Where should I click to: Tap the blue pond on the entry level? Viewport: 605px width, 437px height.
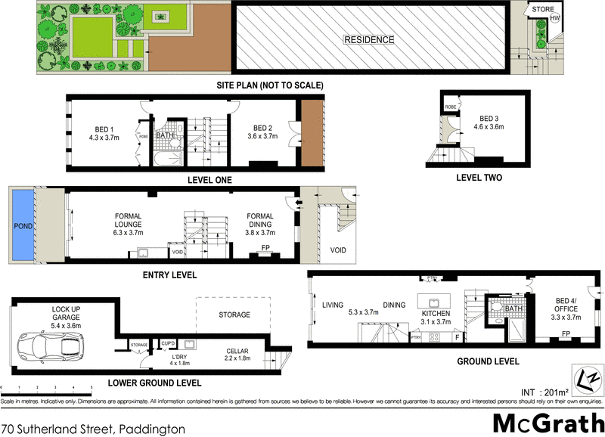point(23,226)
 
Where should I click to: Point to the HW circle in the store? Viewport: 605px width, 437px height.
point(555,18)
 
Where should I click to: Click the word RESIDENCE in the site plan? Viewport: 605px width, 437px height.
point(369,40)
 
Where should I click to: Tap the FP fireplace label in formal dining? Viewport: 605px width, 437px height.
point(265,248)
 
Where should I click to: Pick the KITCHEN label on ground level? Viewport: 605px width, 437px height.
point(436,313)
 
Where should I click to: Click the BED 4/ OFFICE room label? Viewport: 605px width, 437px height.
point(565,309)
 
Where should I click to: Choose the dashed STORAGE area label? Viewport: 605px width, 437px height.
point(234,315)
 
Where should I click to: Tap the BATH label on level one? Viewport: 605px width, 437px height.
point(164,135)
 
